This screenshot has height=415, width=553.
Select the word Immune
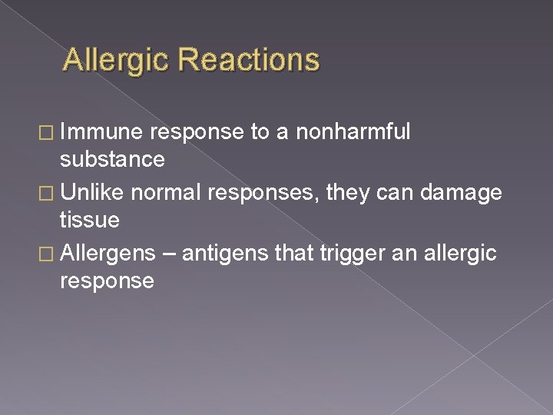click(x=102, y=133)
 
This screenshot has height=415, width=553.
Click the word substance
click(x=112, y=160)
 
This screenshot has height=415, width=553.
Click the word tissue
click(x=90, y=220)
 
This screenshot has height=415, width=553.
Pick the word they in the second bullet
click(x=346, y=191)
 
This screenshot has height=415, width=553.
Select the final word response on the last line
click(x=107, y=281)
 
